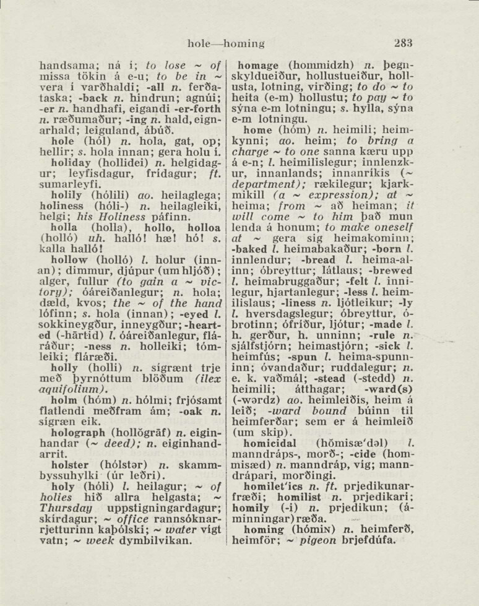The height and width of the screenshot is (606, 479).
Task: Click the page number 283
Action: click(x=402, y=43)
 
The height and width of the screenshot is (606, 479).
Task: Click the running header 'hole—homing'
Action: click(x=226, y=44)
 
